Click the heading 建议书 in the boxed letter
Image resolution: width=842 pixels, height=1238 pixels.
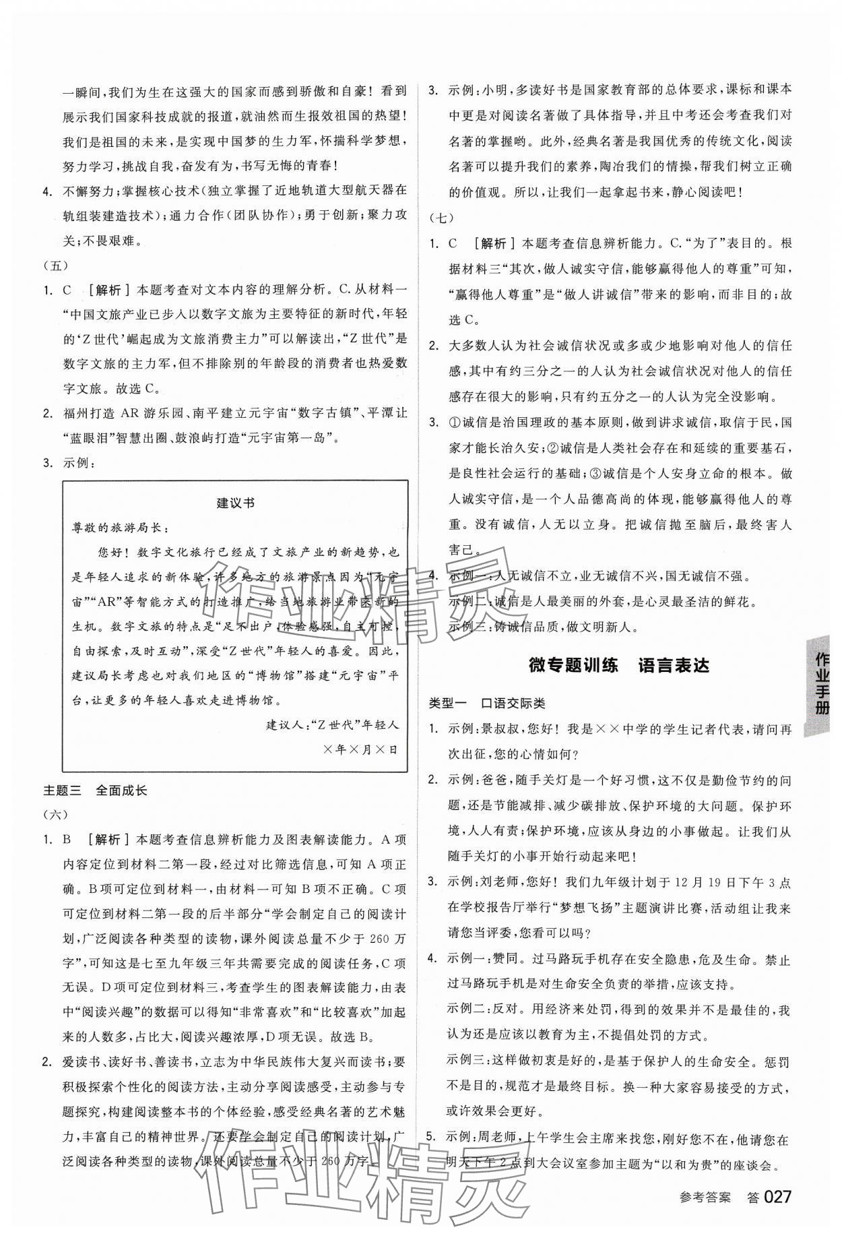[235, 503]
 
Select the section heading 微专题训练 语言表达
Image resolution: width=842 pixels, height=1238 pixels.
[619, 666]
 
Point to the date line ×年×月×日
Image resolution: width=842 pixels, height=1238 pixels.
[360, 749]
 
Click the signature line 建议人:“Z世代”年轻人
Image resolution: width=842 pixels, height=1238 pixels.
[333, 725]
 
